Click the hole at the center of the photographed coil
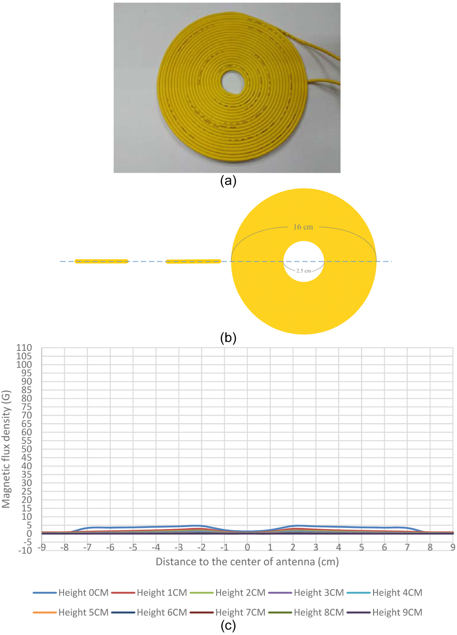[x=233, y=82]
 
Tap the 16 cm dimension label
[x=303, y=227]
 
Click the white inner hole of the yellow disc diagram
[x=304, y=261]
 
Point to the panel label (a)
[x=228, y=181]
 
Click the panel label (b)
[x=228, y=338]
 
